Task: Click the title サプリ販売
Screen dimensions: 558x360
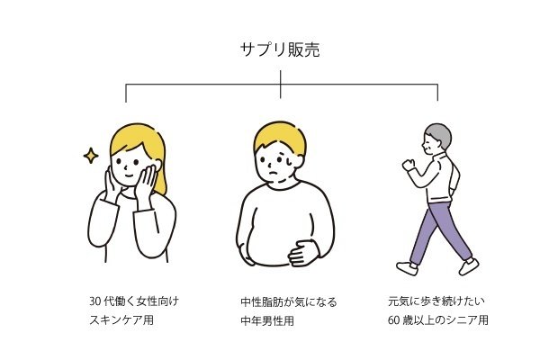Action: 280,49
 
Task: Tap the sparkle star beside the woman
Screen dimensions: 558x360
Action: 91,156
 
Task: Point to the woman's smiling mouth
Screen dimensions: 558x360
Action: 129,175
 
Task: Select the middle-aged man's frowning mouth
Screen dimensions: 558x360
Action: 274,173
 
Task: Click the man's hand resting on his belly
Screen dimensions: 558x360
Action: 303,253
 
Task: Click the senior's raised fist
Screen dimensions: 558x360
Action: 409,165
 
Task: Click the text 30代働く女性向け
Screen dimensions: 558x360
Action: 134,301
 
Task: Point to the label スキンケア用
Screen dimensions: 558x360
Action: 121,319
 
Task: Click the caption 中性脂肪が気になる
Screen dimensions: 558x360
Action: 289,302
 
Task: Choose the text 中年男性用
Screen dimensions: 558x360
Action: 267,321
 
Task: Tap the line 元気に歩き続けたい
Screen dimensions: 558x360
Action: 436,301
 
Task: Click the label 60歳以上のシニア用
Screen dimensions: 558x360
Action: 438,319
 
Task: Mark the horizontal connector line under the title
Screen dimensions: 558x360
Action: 282,85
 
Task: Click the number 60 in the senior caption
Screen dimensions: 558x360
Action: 394,320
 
